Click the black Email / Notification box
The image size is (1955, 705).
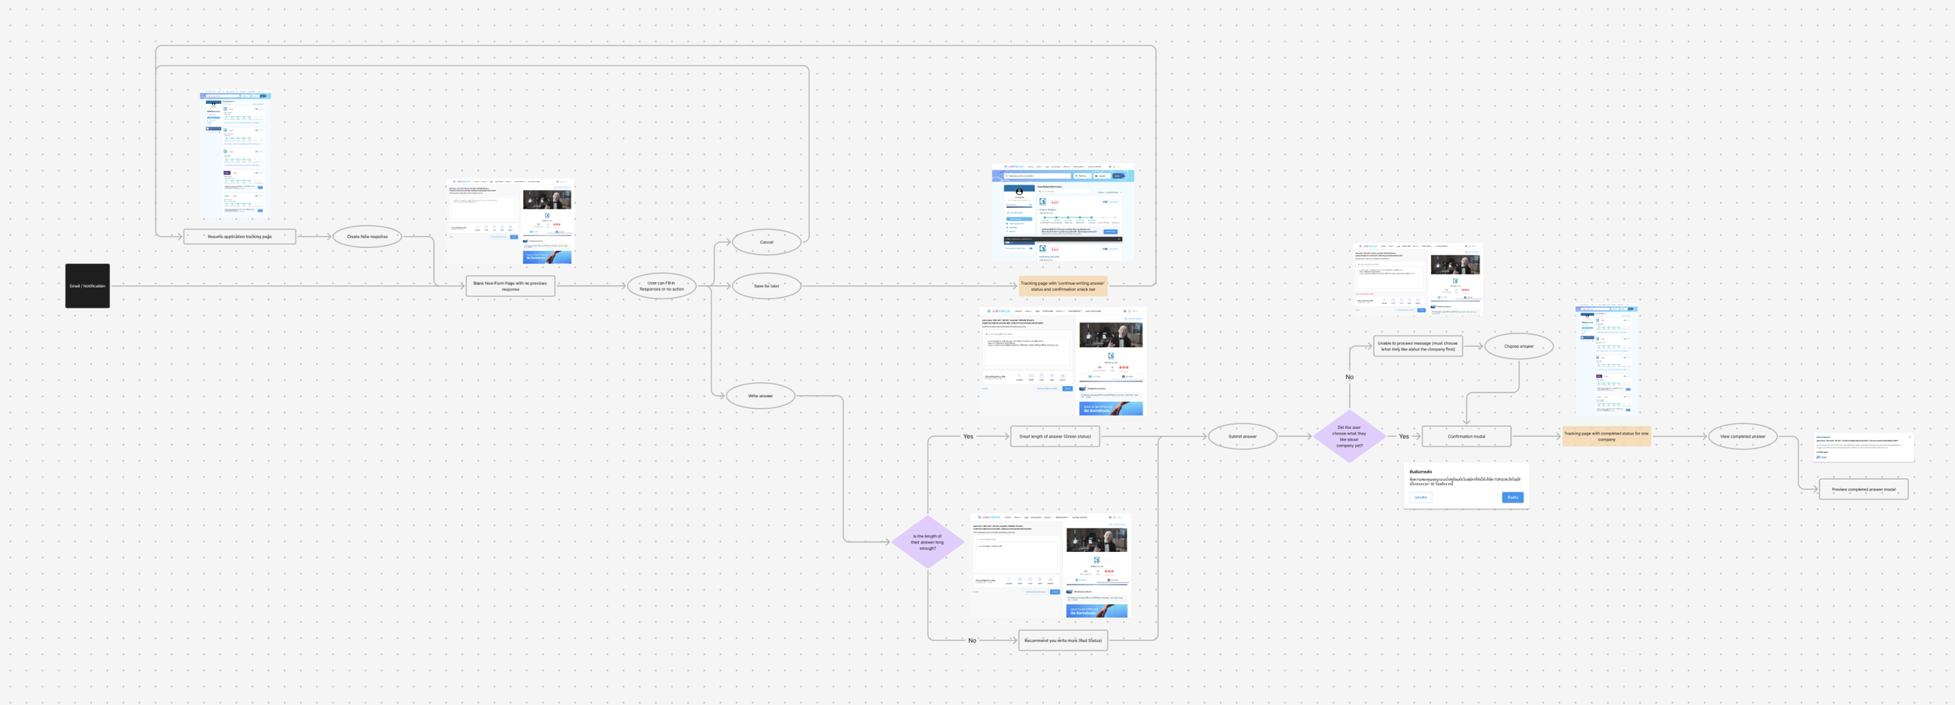coord(88,286)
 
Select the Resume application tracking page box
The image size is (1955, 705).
coord(239,236)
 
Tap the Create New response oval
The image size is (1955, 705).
coord(367,236)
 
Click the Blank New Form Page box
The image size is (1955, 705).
coord(510,286)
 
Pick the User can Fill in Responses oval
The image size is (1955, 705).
coord(662,286)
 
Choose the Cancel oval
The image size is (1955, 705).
coord(766,242)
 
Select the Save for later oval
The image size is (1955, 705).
coord(766,286)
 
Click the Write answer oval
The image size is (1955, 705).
coord(760,396)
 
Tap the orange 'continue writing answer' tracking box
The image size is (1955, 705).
coord(1063,286)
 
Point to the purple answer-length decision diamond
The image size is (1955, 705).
coord(927,542)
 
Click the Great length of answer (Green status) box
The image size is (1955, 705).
coord(1055,436)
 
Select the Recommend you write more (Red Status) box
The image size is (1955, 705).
coord(1063,640)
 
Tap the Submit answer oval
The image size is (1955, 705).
coord(1242,436)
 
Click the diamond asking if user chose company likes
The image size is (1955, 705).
coord(1349,436)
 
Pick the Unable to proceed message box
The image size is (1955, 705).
coord(1417,346)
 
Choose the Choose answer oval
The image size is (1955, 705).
coord(1519,346)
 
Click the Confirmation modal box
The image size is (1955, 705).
coord(1466,436)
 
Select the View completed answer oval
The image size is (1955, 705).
coord(1742,436)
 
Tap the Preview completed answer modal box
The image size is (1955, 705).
coord(1864,489)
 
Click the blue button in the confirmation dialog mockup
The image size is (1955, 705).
coord(1512,497)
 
